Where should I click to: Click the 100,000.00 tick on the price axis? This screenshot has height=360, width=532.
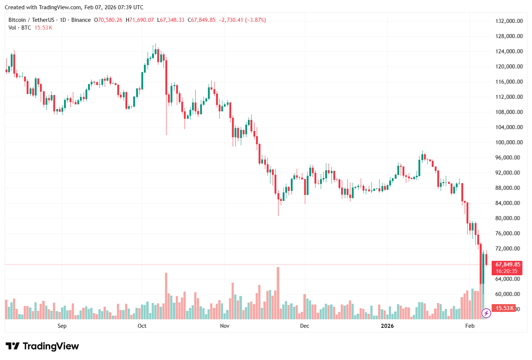point(509,142)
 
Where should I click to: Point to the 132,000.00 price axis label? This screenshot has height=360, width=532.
point(509,21)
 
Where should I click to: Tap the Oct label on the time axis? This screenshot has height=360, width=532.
point(142,326)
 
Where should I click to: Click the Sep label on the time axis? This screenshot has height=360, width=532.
point(62,326)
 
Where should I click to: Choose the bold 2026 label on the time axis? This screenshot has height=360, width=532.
point(387,326)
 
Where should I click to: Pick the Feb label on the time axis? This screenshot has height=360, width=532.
point(470,326)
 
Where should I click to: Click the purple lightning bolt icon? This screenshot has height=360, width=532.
point(486,314)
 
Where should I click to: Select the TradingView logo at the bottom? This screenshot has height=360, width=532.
point(42,346)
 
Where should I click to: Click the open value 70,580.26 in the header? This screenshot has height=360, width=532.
point(110,20)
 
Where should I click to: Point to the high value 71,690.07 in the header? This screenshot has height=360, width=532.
point(141,20)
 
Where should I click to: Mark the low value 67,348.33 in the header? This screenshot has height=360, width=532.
point(172,20)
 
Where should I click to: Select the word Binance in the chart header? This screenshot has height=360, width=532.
point(81,20)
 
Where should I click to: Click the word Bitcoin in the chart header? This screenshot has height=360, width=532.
point(17,20)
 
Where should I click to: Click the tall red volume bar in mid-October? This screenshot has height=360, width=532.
point(166,296)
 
